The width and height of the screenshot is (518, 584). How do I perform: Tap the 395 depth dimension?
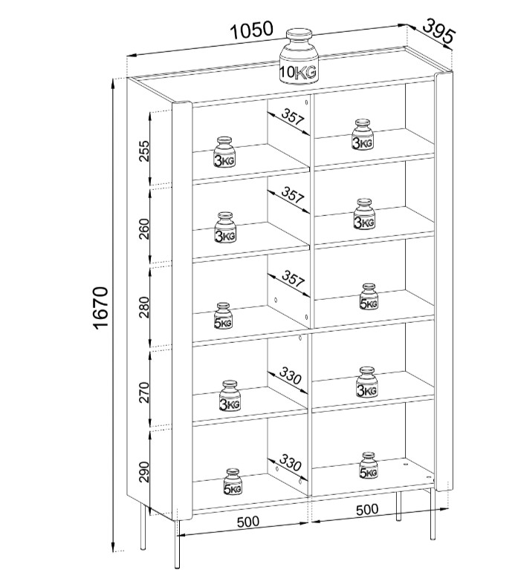pyautogui.click(x=438, y=30)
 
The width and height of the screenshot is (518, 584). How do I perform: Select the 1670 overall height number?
pyautogui.click(x=101, y=307)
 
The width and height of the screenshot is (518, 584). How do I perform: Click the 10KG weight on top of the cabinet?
pyautogui.click(x=299, y=56)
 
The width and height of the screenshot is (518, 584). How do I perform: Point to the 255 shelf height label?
pyautogui.click(x=145, y=150)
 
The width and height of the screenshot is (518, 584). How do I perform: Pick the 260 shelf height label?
pyautogui.click(x=145, y=228)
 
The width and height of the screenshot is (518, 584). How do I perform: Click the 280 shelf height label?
pyautogui.click(x=145, y=306)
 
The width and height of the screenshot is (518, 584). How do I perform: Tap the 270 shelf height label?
pyautogui.click(x=145, y=389)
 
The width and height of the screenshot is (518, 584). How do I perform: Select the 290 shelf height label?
pyautogui.click(x=145, y=470)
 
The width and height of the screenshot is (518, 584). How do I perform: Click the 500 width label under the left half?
pyautogui.click(x=247, y=521)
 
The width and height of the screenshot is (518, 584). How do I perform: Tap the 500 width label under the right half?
pyautogui.click(x=366, y=509)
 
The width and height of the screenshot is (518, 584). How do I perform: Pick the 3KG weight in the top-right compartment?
pyautogui.click(x=363, y=135)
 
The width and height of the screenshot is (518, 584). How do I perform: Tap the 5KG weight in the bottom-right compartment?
pyautogui.click(x=369, y=465)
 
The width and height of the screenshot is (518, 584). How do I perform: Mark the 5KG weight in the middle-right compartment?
pyautogui.click(x=369, y=297)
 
